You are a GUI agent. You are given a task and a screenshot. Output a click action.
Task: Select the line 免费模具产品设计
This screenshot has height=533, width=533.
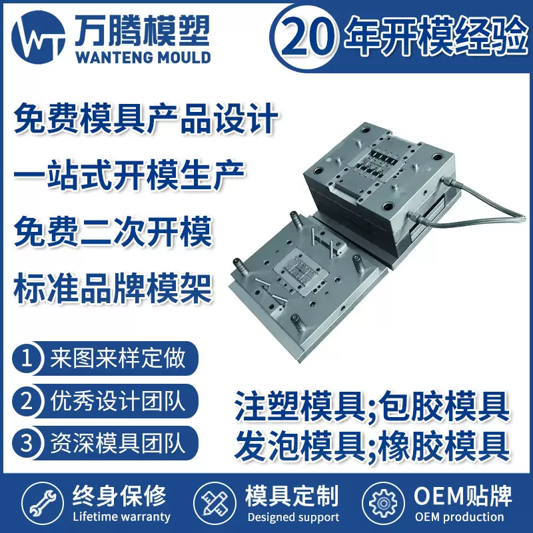[x=145, y=121]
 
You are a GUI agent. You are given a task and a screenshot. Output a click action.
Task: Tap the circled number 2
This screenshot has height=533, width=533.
[x=27, y=402]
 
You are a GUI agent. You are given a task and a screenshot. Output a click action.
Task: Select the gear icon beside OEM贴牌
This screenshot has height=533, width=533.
[x=383, y=503]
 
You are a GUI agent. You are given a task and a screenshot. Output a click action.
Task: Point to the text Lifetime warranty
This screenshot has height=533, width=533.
[x=120, y=516]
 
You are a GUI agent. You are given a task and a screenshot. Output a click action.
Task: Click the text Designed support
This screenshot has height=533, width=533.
[x=292, y=517]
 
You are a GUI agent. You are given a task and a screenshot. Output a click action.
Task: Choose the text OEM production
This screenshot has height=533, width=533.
[x=459, y=517]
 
